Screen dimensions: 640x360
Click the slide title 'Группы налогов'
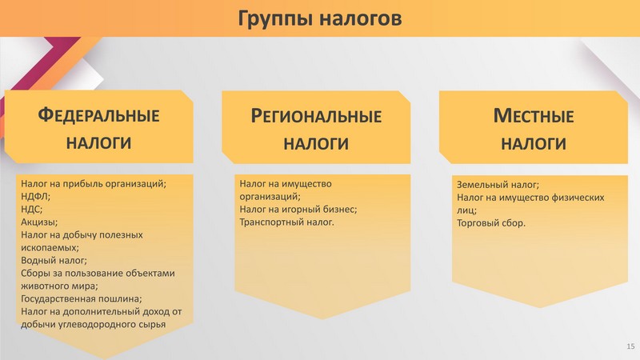[x=319, y=18]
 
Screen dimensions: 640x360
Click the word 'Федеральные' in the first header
[x=98, y=115]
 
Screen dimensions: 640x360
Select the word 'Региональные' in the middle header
[x=316, y=116]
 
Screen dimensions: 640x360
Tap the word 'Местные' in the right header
[x=534, y=116]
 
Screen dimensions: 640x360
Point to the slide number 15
[x=630, y=346]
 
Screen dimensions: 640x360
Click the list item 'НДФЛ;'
[x=35, y=196]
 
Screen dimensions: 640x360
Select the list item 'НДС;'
[x=31, y=210]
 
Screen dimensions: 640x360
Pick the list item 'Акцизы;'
[x=39, y=222]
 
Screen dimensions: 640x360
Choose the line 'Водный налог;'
[x=54, y=261]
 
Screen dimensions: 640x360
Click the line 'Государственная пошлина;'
[x=82, y=298]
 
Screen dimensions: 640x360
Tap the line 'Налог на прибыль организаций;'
[x=94, y=184]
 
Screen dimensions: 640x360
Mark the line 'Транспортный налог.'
[x=286, y=222]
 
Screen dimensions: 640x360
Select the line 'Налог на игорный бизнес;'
[x=298, y=210]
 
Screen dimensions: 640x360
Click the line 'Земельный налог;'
[x=498, y=185]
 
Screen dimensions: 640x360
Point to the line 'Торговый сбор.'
[x=491, y=223]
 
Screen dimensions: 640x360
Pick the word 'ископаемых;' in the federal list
[x=50, y=248]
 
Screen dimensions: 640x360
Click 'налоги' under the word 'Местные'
[x=534, y=144]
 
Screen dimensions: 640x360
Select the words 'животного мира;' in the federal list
[x=59, y=286]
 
